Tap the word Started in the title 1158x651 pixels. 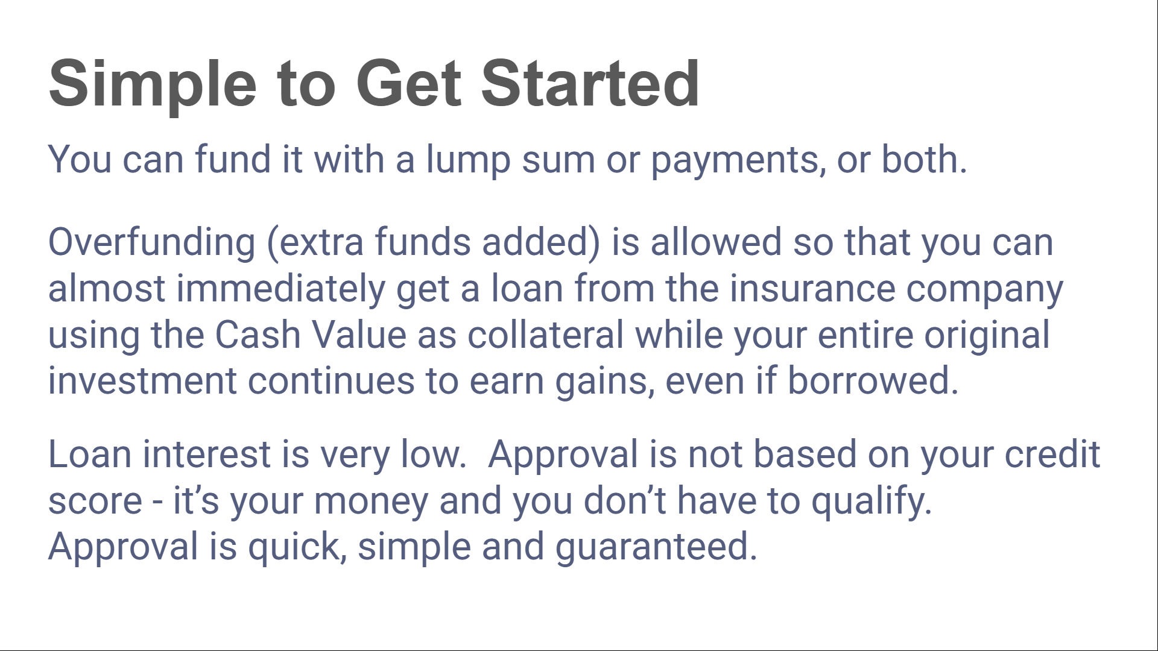pos(590,83)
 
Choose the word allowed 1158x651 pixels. pos(716,242)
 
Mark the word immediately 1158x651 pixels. pos(280,289)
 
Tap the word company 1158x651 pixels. pos(984,290)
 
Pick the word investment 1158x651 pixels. pos(142,382)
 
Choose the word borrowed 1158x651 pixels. pos(873,381)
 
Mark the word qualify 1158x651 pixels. pos(872,502)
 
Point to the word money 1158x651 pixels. pos(371,502)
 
